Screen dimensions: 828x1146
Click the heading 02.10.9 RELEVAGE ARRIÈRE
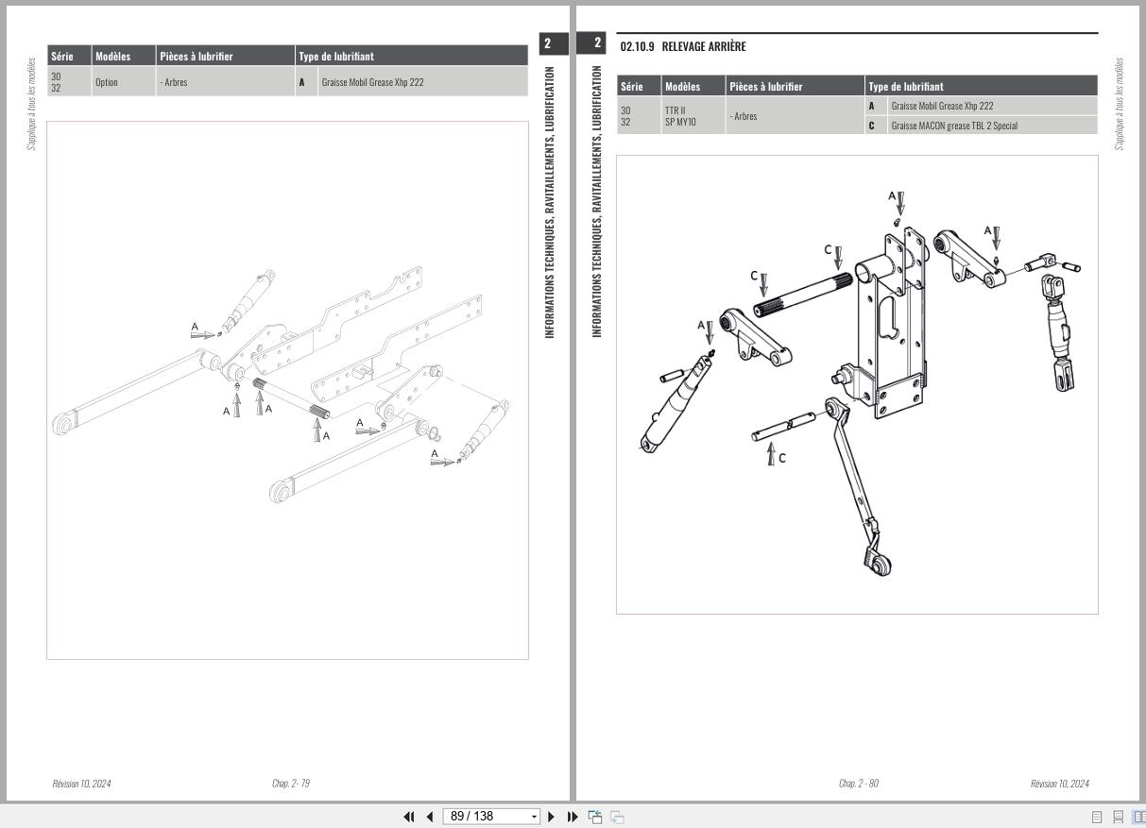pos(683,46)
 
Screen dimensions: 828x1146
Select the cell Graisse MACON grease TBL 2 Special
pos(954,126)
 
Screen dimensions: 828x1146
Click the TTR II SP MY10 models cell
pos(680,116)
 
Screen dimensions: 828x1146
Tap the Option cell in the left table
pos(107,82)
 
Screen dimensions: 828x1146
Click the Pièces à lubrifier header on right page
pos(766,86)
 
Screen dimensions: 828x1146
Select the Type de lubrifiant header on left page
pos(336,57)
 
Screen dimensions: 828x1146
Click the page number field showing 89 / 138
pos(487,817)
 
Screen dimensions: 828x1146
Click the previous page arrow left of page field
pos(430,817)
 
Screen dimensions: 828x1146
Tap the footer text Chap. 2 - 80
pos(858,784)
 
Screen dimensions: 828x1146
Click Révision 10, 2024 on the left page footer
pos(81,784)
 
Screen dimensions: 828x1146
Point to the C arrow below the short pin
pos(771,455)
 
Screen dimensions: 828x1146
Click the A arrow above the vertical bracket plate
pos(900,202)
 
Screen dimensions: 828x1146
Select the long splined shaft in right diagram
pos(803,296)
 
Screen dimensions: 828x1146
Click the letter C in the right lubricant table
pos(871,126)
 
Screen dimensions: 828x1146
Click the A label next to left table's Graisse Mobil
pos(302,82)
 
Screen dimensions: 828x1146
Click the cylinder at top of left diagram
pos(250,296)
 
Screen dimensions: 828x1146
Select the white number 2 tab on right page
pos(597,43)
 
